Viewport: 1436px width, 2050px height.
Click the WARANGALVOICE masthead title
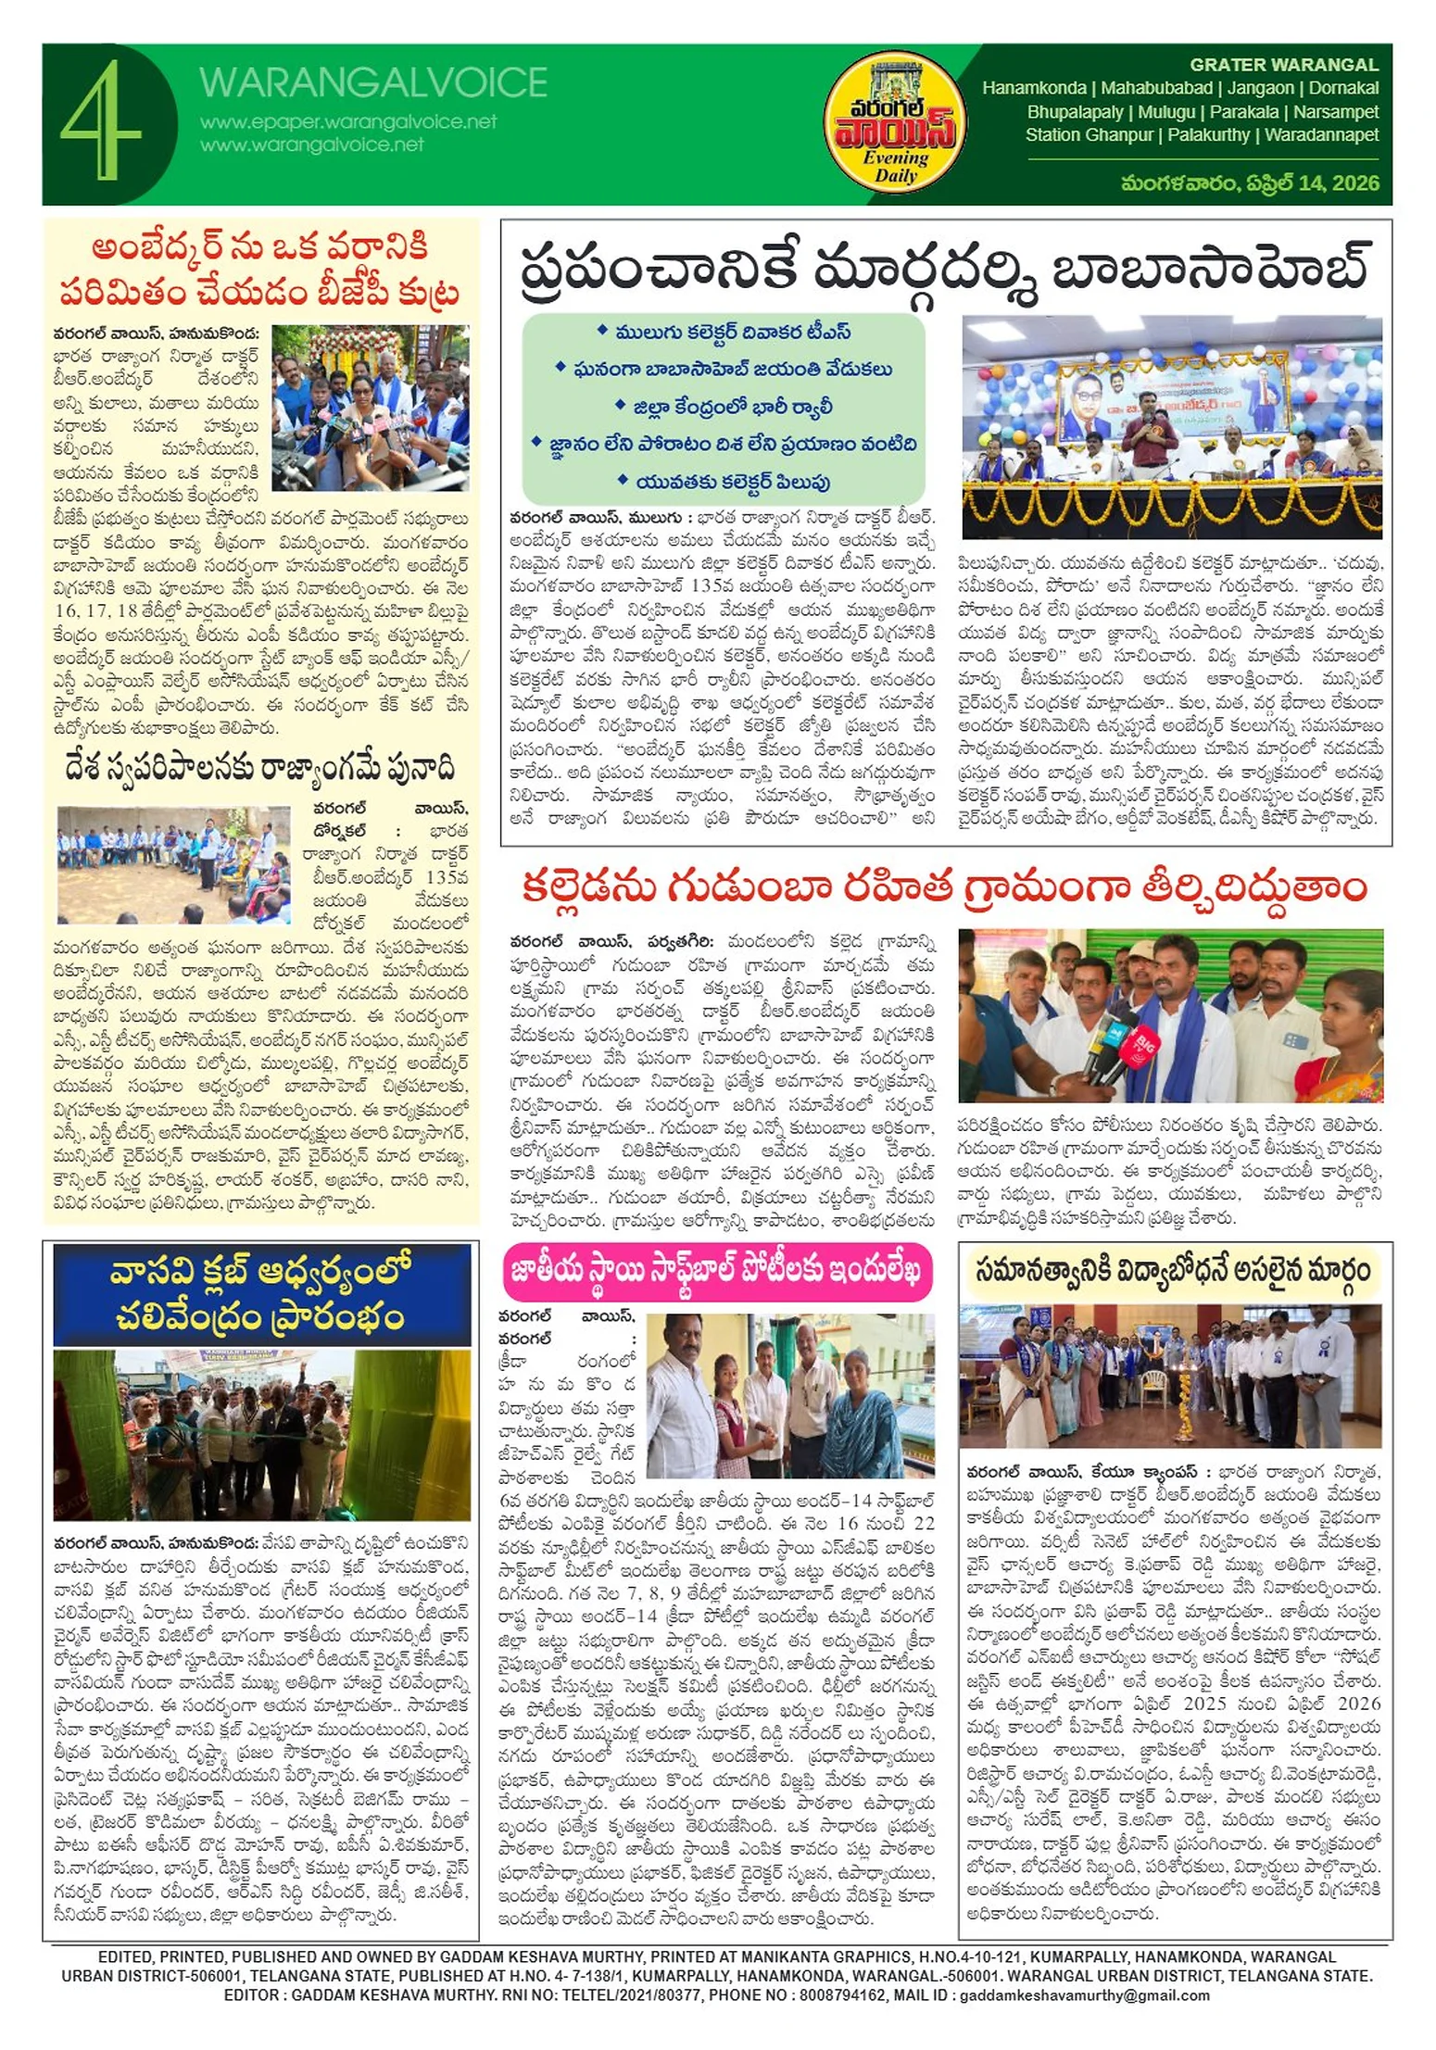[x=372, y=83]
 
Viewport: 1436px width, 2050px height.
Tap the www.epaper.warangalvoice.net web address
[x=347, y=121]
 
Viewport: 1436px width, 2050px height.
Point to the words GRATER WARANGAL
[x=1283, y=65]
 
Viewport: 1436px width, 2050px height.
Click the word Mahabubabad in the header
[x=1156, y=88]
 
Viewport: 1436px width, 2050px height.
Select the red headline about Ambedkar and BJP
[x=259, y=270]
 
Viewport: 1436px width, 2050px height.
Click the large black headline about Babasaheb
[x=944, y=269]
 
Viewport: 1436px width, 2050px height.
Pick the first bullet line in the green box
[x=723, y=332]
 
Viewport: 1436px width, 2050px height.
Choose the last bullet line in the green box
[x=723, y=482]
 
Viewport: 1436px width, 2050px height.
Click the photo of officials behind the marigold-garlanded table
[x=1171, y=426]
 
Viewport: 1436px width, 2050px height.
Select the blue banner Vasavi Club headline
[x=261, y=1293]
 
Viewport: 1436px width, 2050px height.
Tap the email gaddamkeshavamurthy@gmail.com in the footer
[x=1084, y=1994]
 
